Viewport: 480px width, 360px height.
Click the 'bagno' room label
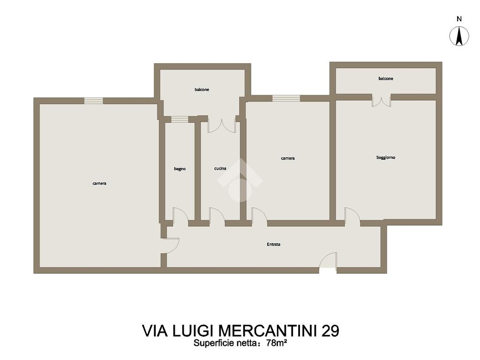click(x=180, y=169)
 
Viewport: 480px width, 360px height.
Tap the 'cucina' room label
click(x=220, y=168)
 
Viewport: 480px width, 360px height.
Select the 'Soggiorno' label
click(x=386, y=157)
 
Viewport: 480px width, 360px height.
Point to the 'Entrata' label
click(x=273, y=244)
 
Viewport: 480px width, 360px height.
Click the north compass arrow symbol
click(x=459, y=36)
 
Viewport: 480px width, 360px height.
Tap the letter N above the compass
click(x=459, y=19)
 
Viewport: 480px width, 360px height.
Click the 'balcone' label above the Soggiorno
click(x=386, y=79)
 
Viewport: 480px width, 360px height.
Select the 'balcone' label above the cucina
click(x=202, y=90)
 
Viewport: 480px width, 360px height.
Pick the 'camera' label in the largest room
click(x=99, y=183)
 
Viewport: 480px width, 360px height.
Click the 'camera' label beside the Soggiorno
click(x=288, y=158)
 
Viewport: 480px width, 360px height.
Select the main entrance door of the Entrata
click(x=328, y=261)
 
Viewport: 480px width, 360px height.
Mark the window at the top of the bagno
click(x=180, y=119)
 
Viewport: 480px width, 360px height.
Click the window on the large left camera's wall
click(x=94, y=101)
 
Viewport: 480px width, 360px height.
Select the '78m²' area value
click(x=277, y=343)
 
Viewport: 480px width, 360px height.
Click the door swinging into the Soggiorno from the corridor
click(x=352, y=216)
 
